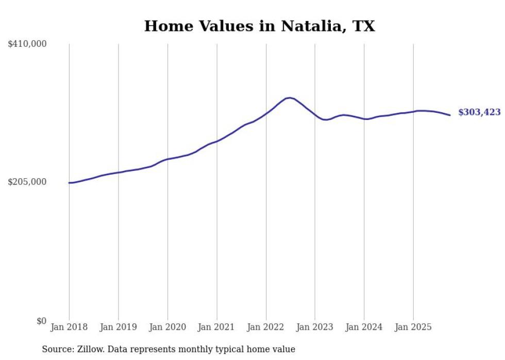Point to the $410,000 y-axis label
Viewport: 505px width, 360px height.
coord(27,44)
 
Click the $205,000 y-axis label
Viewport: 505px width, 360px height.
coord(27,182)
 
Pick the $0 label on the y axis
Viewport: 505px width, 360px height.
coord(41,321)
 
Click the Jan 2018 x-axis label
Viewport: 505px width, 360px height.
coord(69,327)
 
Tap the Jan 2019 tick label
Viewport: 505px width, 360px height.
coord(119,327)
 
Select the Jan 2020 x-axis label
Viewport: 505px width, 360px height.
coord(167,327)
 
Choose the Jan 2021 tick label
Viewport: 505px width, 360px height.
coord(216,327)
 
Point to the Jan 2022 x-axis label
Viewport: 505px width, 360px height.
coord(266,327)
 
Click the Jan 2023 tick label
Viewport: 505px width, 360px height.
coord(315,327)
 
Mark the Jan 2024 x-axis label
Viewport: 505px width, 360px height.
coord(364,327)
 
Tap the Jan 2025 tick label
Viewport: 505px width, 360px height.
coord(413,327)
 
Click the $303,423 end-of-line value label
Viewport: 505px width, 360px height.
coord(479,112)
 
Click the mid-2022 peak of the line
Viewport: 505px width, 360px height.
coord(290,97)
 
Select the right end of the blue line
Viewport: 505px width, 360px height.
coord(450,115)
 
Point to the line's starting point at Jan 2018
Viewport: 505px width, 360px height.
coord(69,183)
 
